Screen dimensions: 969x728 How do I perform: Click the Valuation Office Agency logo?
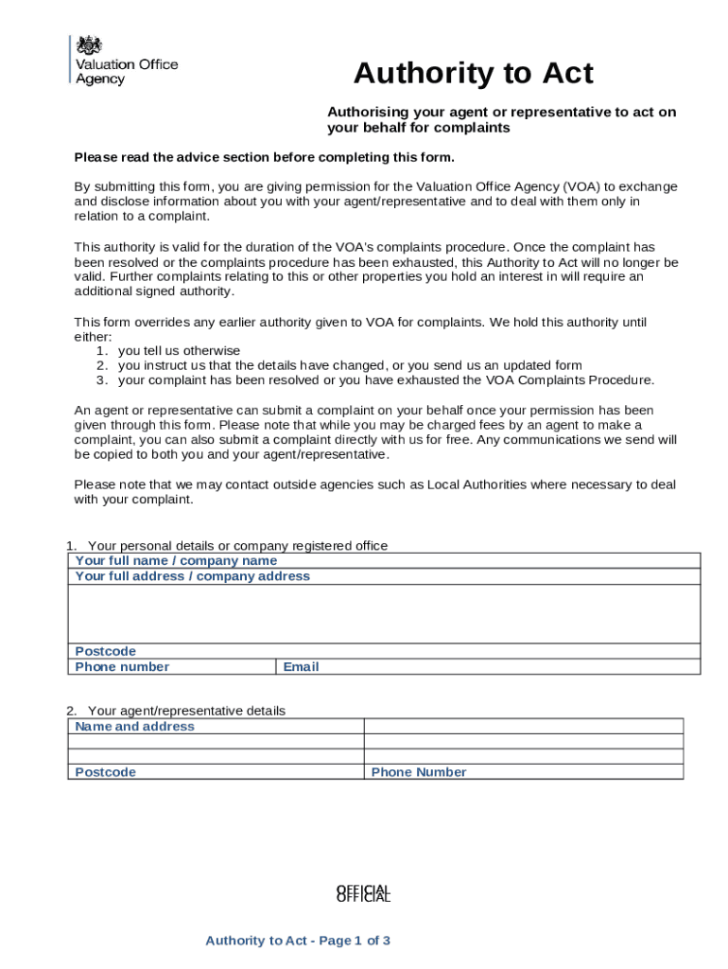124,61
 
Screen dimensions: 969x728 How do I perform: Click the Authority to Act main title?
473,73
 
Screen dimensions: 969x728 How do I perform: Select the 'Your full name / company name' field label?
176,561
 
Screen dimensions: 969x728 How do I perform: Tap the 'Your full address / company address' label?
192,576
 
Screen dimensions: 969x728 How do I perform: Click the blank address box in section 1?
383,613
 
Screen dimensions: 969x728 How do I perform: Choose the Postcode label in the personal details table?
105,651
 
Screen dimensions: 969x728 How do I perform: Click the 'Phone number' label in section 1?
122,667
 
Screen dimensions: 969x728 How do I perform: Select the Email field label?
301,667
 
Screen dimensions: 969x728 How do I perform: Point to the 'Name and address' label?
134,727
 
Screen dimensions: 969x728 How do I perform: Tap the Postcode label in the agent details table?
105,772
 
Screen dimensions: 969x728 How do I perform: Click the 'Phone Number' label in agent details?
419,772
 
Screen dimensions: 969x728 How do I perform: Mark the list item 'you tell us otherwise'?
179,350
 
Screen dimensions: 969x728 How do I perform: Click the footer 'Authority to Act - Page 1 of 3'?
298,941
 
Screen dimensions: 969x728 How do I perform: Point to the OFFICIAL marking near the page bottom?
363,893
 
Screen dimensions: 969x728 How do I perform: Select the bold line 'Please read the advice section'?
265,157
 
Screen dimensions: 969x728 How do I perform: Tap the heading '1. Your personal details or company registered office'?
227,546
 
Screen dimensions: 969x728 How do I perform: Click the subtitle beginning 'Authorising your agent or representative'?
501,119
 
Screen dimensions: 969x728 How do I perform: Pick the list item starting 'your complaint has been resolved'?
386,380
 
